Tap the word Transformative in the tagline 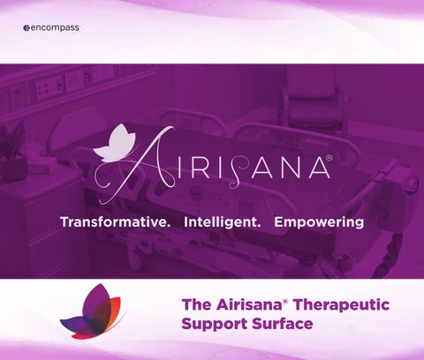pyautogui.click(x=115, y=222)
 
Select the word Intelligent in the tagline pyautogui.click(x=223, y=222)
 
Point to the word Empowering pyautogui.click(x=319, y=223)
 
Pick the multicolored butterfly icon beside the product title pyautogui.click(x=91, y=311)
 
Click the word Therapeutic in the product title pyautogui.click(x=342, y=305)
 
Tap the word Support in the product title pyautogui.click(x=215, y=324)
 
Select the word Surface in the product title pyautogui.click(x=283, y=324)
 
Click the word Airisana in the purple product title pyautogui.click(x=249, y=304)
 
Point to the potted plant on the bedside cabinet pyautogui.click(x=12, y=152)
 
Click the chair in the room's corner pyautogui.click(x=312, y=109)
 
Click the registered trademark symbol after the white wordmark pyautogui.click(x=329, y=158)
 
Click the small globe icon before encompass pyautogui.click(x=26, y=28)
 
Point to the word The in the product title pyautogui.click(x=196, y=304)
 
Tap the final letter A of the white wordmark pyautogui.click(x=320, y=168)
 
